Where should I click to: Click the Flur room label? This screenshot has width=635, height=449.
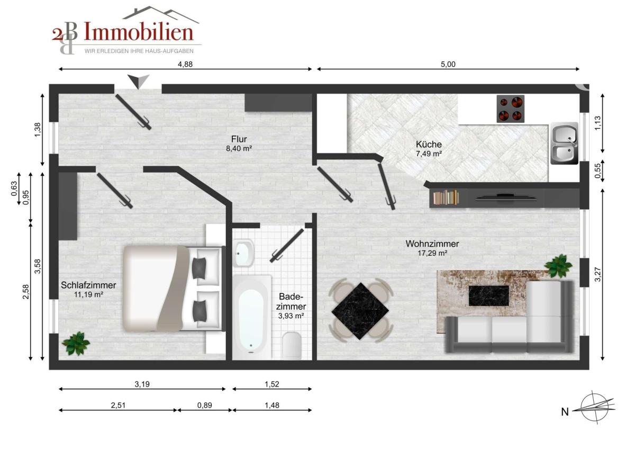239,139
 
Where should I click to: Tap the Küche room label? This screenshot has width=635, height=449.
429,144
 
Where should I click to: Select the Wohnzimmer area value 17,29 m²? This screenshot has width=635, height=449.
432,253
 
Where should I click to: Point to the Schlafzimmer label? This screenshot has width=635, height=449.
88,285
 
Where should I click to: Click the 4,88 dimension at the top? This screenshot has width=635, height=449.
185,65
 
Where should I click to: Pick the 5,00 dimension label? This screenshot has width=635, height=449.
448,65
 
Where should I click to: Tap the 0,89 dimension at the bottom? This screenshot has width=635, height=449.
205,406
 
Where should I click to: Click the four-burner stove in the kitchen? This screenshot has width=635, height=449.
510,109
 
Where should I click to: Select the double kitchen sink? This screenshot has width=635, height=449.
565,143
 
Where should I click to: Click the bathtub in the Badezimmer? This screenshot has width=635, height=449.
251,317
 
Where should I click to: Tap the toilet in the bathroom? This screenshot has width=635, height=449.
292,345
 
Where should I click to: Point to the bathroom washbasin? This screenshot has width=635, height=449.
244,253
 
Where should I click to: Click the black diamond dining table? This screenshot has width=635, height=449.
360,311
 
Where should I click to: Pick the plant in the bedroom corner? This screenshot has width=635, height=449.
76,344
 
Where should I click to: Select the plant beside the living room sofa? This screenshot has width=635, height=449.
558,266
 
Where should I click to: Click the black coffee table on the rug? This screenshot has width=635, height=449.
489,296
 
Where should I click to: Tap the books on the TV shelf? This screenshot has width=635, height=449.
446,197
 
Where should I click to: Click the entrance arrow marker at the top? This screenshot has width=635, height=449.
138,82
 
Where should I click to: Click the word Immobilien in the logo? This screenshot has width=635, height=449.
139,31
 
